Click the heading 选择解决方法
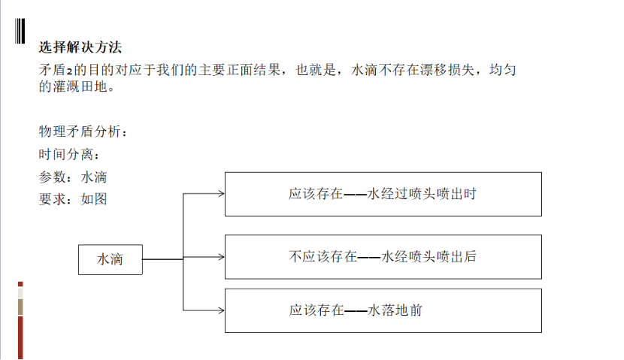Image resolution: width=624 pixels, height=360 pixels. pyautogui.click(x=80, y=47)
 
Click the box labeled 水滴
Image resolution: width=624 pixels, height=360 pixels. pyautogui.click(x=110, y=259)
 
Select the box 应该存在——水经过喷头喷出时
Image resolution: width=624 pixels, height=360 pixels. pyautogui.click(x=383, y=194)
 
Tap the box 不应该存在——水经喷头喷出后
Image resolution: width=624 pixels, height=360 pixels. pyautogui.click(x=383, y=256)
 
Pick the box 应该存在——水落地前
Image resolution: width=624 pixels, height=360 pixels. pyautogui.click(x=383, y=310)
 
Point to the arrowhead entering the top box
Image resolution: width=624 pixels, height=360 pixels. pyautogui.click(x=221, y=194)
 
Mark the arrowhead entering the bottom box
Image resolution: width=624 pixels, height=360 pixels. pyautogui.click(x=221, y=310)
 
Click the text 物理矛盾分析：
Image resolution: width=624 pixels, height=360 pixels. pyautogui.click(x=83, y=132)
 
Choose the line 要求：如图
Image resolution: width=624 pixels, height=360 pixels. pyautogui.click(x=73, y=199)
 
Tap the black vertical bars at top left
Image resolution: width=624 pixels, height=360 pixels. pyautogui.click(x=19, y=30)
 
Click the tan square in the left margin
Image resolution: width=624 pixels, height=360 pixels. pyautogui.click(x=20, y=307)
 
